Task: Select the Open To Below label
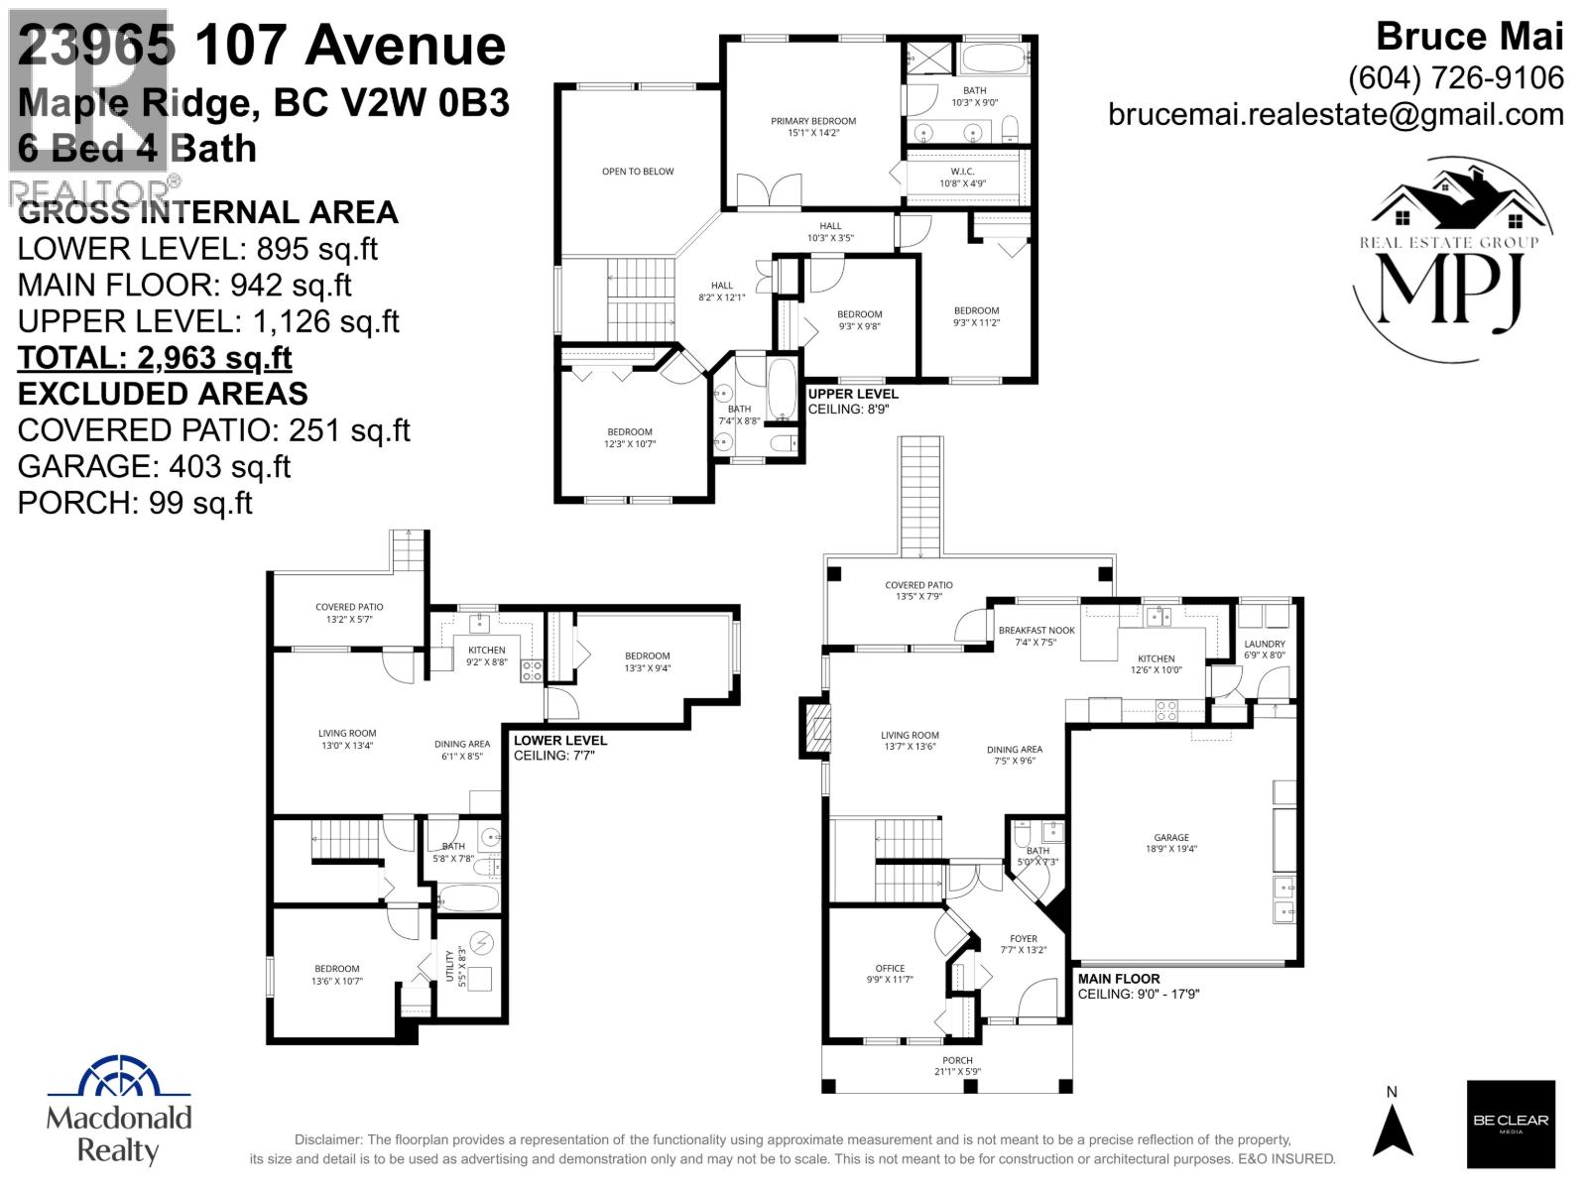click(x=637, y=172)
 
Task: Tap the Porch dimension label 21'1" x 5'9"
click(x=957, y=1072)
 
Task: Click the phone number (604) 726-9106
click(x=1455, y=77)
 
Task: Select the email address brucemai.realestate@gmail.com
click(x=1335, y=114)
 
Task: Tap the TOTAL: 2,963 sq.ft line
click(x=155, y=357)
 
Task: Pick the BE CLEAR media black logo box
click(x=1510, y=1124)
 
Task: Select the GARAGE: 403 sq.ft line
click(x=154, y=466)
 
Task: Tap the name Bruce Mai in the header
click(x=1469, y=37)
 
